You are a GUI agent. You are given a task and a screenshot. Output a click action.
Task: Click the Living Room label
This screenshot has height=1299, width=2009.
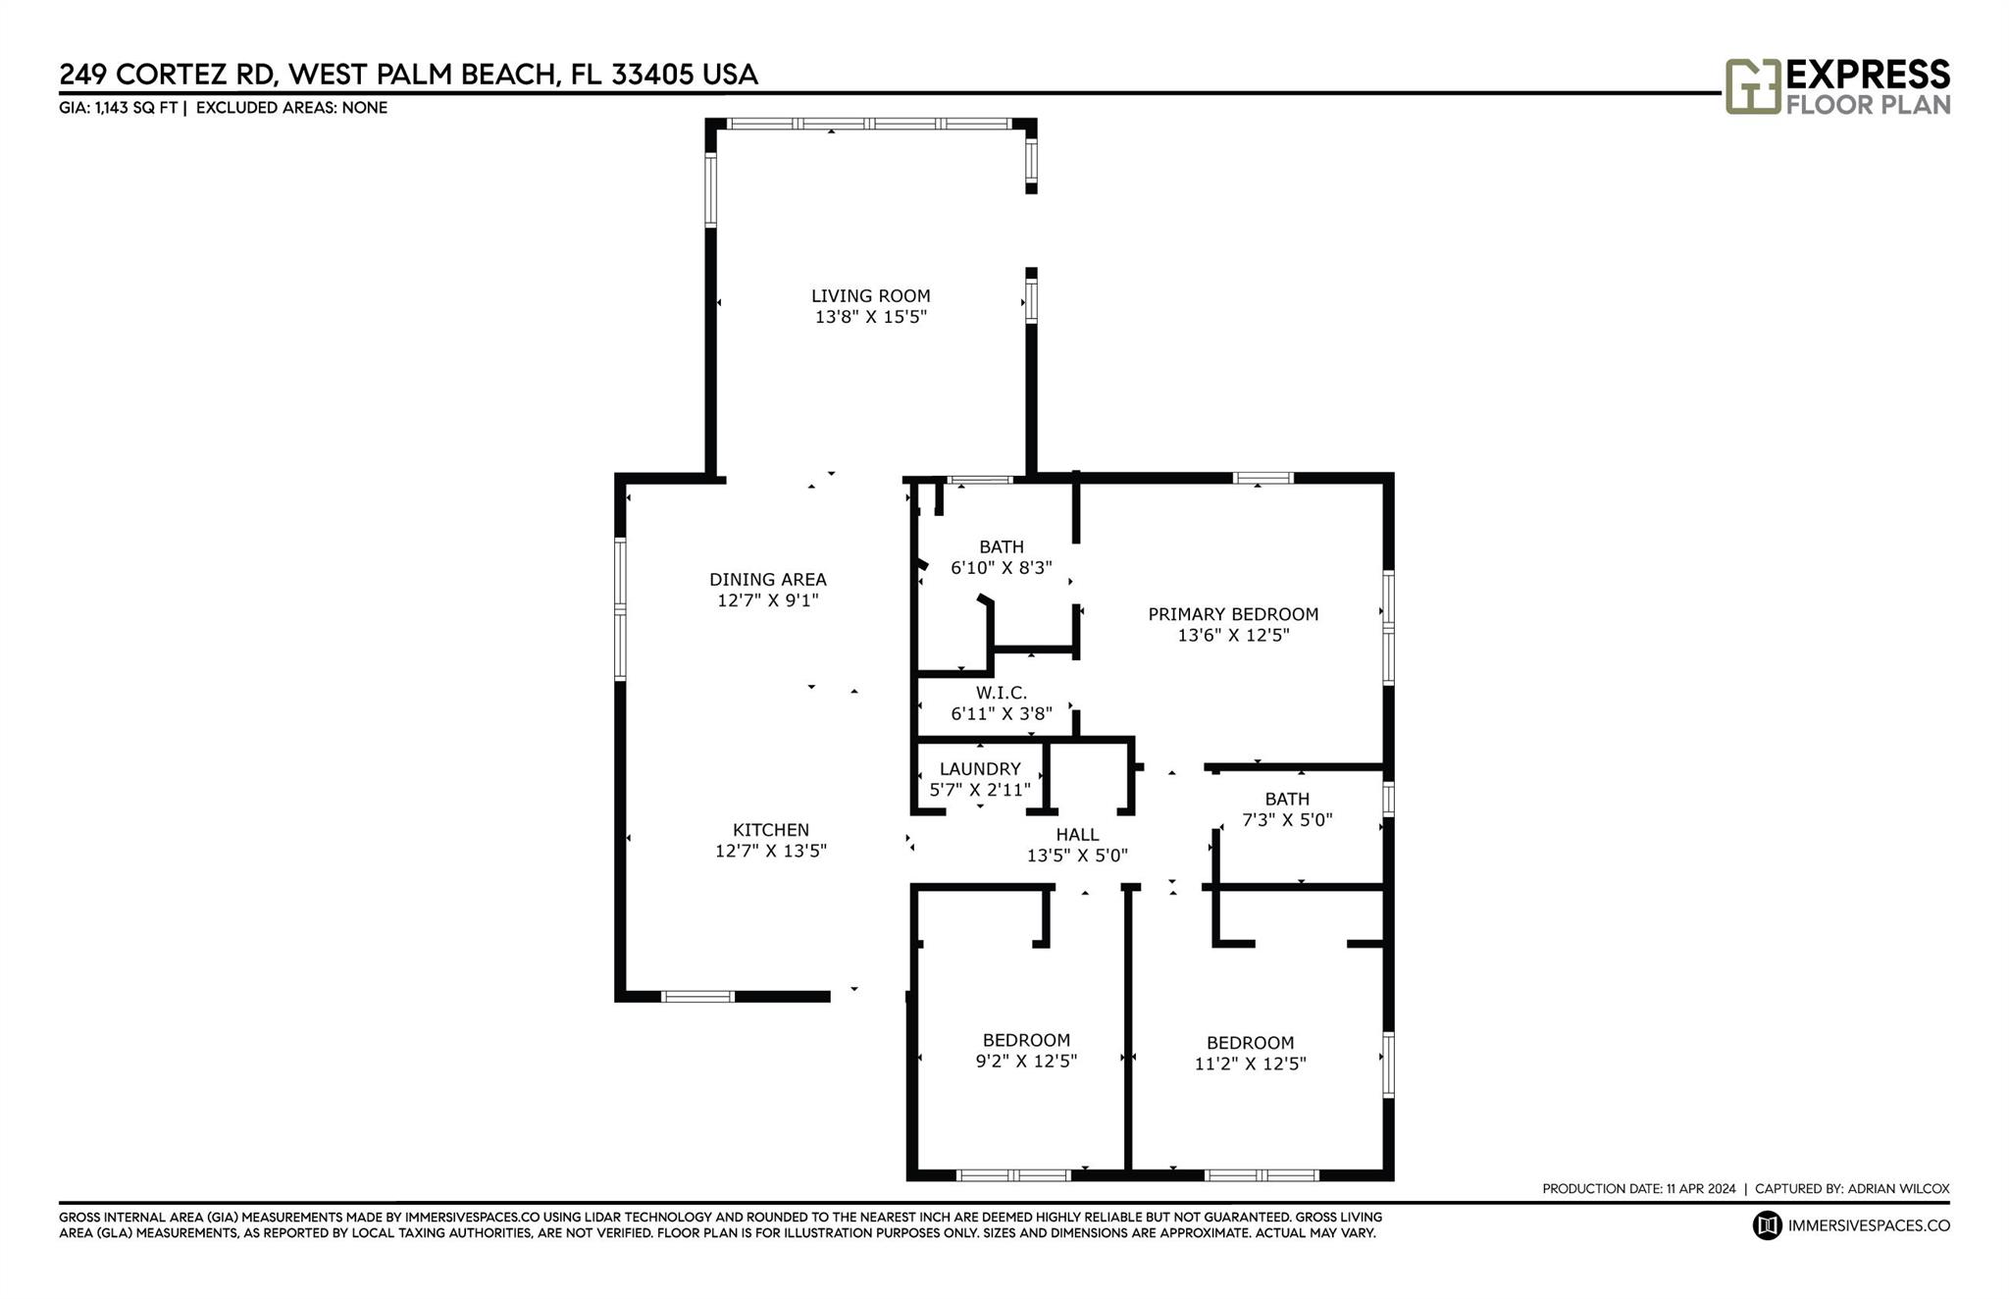point(870,295)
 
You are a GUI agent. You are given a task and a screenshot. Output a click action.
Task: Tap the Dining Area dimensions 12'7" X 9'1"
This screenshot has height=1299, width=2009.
point(768,600)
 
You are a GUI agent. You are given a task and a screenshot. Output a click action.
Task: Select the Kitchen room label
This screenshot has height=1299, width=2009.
point(771,830)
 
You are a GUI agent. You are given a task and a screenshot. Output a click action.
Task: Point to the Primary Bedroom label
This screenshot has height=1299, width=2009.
point(1233,614)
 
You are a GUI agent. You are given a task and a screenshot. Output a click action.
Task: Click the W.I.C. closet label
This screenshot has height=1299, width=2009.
point(1002,693)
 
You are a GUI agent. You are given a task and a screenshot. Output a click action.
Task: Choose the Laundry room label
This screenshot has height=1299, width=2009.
point(980,769)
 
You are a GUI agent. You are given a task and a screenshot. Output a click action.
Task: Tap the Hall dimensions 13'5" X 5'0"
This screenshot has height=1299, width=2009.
point(1077,856)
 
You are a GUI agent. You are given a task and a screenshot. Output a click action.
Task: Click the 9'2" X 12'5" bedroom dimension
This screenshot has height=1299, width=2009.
point(1026,1061)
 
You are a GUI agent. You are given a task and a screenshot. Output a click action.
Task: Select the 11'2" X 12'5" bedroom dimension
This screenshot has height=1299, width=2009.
point(1251,1064)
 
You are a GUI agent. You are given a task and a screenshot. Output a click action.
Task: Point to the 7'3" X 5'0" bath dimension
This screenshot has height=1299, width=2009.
point(1287,820)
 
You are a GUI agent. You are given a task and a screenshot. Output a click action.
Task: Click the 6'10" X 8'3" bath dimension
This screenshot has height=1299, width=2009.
point(1002,568)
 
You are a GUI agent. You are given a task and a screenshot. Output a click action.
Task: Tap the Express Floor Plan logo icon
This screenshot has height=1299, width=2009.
point(1753,86)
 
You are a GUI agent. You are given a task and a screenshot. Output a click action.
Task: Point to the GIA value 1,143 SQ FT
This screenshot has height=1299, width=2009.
point(136,108)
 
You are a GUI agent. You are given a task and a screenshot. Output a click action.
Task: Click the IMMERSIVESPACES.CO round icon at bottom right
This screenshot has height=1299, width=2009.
point(1768,1225)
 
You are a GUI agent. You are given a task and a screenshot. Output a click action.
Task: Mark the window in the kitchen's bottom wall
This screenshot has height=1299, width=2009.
point(697,997)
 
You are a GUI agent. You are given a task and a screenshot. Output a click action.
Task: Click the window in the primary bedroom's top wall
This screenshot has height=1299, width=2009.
point(1262,479)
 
